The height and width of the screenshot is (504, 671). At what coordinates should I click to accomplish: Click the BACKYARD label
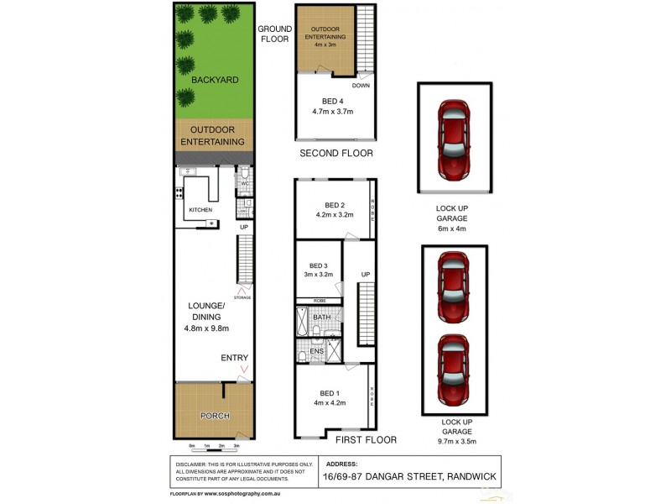(x=215, y=80)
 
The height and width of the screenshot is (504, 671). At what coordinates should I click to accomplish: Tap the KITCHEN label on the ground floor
(x=200, y=209)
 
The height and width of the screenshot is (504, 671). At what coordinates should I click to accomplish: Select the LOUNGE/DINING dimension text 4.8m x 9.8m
(x=206, y=328)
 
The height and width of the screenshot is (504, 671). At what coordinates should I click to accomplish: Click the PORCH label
(x=216, y=416)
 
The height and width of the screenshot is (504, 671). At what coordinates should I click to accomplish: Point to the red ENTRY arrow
(x=244, y=369)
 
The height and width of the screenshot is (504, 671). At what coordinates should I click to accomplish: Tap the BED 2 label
(x=335, y=205)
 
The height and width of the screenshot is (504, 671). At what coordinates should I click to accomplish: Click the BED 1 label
(x=330, y=393)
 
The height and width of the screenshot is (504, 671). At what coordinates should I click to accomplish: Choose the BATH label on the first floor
(x=322, y=318)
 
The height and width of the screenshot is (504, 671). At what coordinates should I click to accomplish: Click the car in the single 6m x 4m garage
(x=454, y=132)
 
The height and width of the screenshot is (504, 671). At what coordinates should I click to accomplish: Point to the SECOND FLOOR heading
(x=336, y=154)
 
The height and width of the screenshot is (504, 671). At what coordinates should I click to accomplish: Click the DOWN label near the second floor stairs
(x=362, y=85)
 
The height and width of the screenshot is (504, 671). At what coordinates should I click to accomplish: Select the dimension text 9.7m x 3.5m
(x=453, y=440)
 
